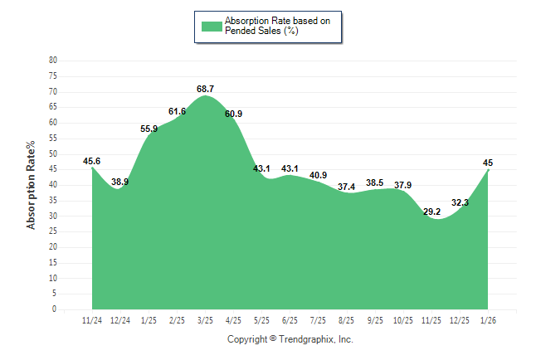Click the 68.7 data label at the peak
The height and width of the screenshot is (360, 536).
pyautogui.click(x=206, y=89)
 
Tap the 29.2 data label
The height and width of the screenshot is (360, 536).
pyautogui.click(x=431, y=212)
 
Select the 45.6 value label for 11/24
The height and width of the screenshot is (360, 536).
pyautogui.click(x=92, y=161)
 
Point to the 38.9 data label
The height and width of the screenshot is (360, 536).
pyautogui.click(x=120, y=182)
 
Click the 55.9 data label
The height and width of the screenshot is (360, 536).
pyautogui.click(x=149, y=129)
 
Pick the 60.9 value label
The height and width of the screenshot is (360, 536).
pyautogui.click(x=234, y=114)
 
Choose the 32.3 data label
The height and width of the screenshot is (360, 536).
pyautogui.click(x=460, y=202)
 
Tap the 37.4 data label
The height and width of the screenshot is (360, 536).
pyautogui.click(x=347, y=187)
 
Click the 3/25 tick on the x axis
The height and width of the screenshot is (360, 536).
pyautogui.click(x=206, y=319)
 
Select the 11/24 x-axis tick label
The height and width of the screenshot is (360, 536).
pyautogui.click(x=92, y=319)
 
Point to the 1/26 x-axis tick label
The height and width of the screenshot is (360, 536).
pyautogui.click(x=488, y=319)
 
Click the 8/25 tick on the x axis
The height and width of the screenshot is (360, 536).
pyautogui.click(x=347, y=319)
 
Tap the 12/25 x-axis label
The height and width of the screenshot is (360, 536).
pyautogui.click(x=460, y=319)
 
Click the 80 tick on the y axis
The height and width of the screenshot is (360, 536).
pyautogui.click(x=53, y=61)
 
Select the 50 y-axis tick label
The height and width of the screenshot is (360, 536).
pyautogui.click(x=53, y=153)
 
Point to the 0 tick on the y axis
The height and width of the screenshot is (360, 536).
pyautogui.click(x=55, y=309)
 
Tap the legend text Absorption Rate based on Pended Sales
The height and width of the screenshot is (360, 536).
pyautogui.click(x=271, y=26)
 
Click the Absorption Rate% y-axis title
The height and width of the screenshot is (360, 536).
pyautogui.click(x=32, y=185)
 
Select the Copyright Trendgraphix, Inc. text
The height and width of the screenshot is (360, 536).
pyautogui.click(x=290, y=339)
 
